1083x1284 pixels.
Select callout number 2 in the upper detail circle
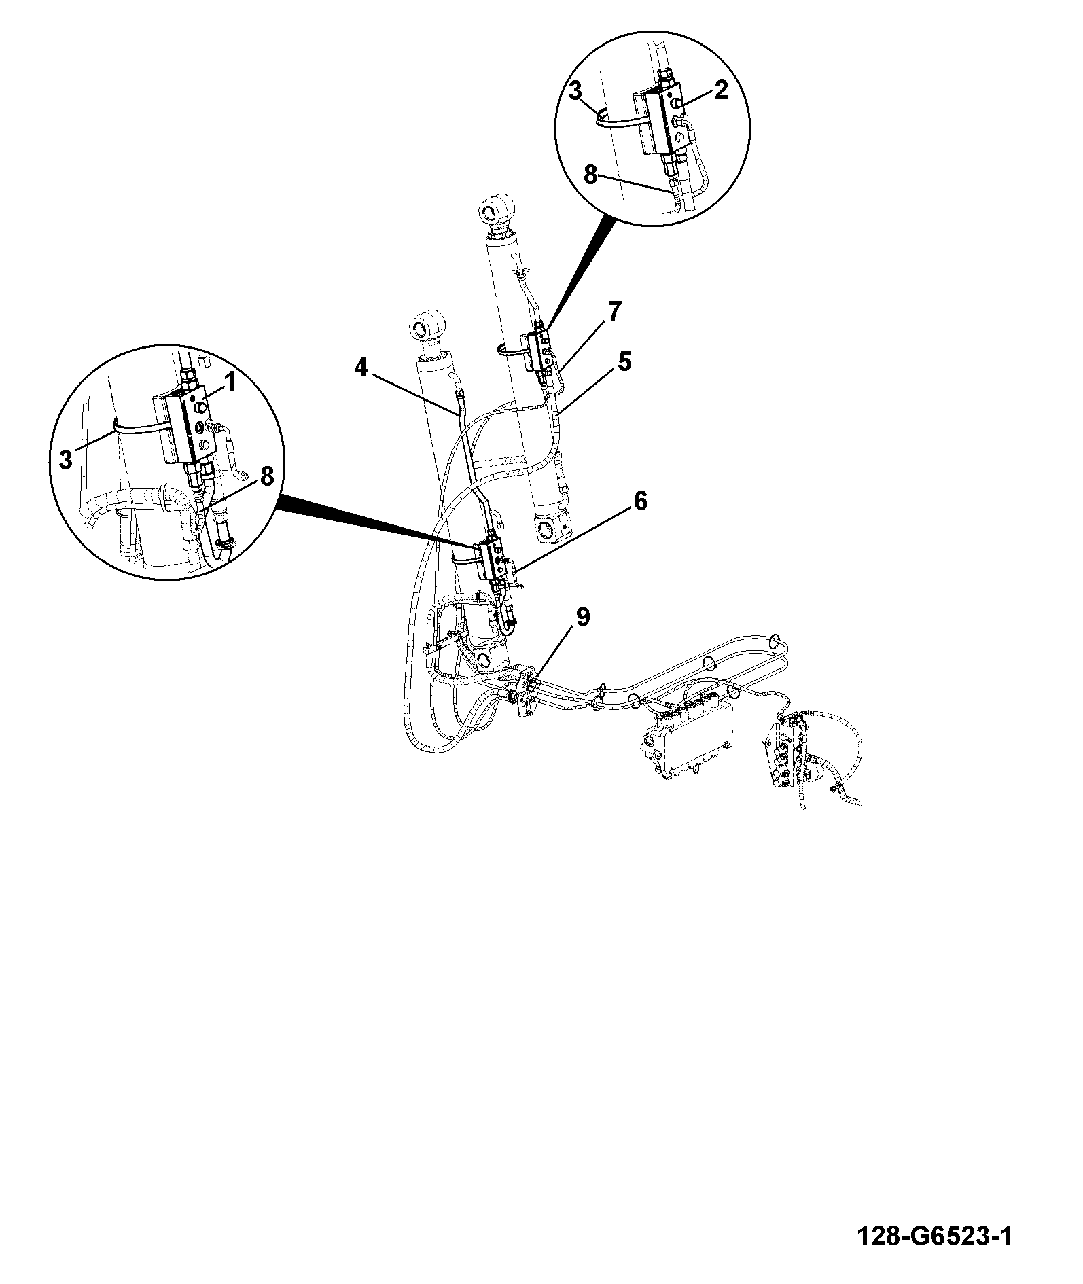tap(722, 90)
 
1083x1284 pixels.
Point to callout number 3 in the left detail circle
tap(65, 460)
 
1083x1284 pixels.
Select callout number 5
tap(624, 361)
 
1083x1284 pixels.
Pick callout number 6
tap(641, 501)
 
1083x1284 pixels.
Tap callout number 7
tap(614, 313)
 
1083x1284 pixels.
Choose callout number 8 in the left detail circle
tap(266, 476)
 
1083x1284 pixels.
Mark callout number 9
tap(583, 617)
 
